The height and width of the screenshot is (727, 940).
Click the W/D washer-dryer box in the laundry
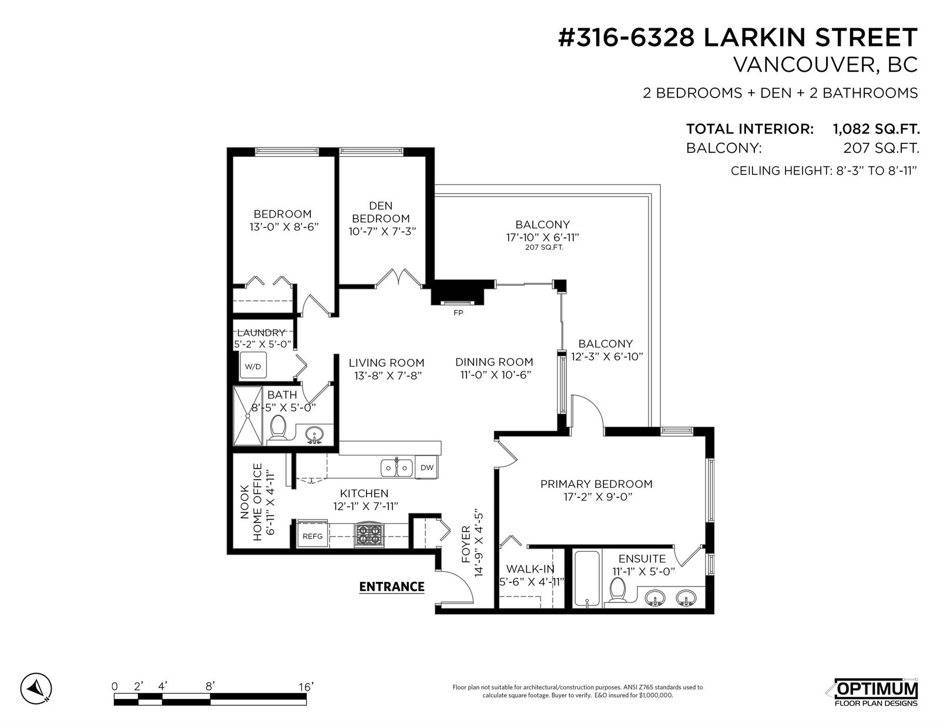pyautogui.click(x=253, y=365)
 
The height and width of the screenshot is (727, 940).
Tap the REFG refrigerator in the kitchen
pyautogui.click(x=313, y=536)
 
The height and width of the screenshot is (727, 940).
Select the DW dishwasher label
pyautogui.click(x=427, y=467)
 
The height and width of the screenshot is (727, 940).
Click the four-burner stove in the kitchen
pyautogui.click(x=369, y=534)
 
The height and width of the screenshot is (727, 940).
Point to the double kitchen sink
pyautogui.click(x=396, y=468)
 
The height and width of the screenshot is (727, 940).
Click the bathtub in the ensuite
pyautogui.click(x=586, y=578)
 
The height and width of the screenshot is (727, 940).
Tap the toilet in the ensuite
pyautogui.click(x=617, y=590)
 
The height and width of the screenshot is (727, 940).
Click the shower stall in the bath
pyautogui.click(x=248, y=416)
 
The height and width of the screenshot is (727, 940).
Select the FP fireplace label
pyautogui.click(x=458, y=313)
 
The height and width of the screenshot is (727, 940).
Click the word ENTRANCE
pyautogui.click(x=392, y=587)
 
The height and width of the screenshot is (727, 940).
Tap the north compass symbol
pyautogui.click(x=36, y=688)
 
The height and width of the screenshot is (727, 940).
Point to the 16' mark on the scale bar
pyautogui.click(x=306, y=687)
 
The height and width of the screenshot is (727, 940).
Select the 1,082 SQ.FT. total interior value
pyautogui.click(x=877, y=129)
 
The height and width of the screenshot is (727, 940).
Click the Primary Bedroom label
pyautogui.click(x=596, y=484)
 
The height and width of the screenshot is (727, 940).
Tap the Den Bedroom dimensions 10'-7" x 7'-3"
pyautogui.click(x=382, y=232)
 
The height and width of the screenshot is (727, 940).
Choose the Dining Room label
pyautogui.click(x=494, y=362)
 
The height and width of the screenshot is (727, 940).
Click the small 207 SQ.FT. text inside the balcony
pyautogui.click(x=544, y=248)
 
